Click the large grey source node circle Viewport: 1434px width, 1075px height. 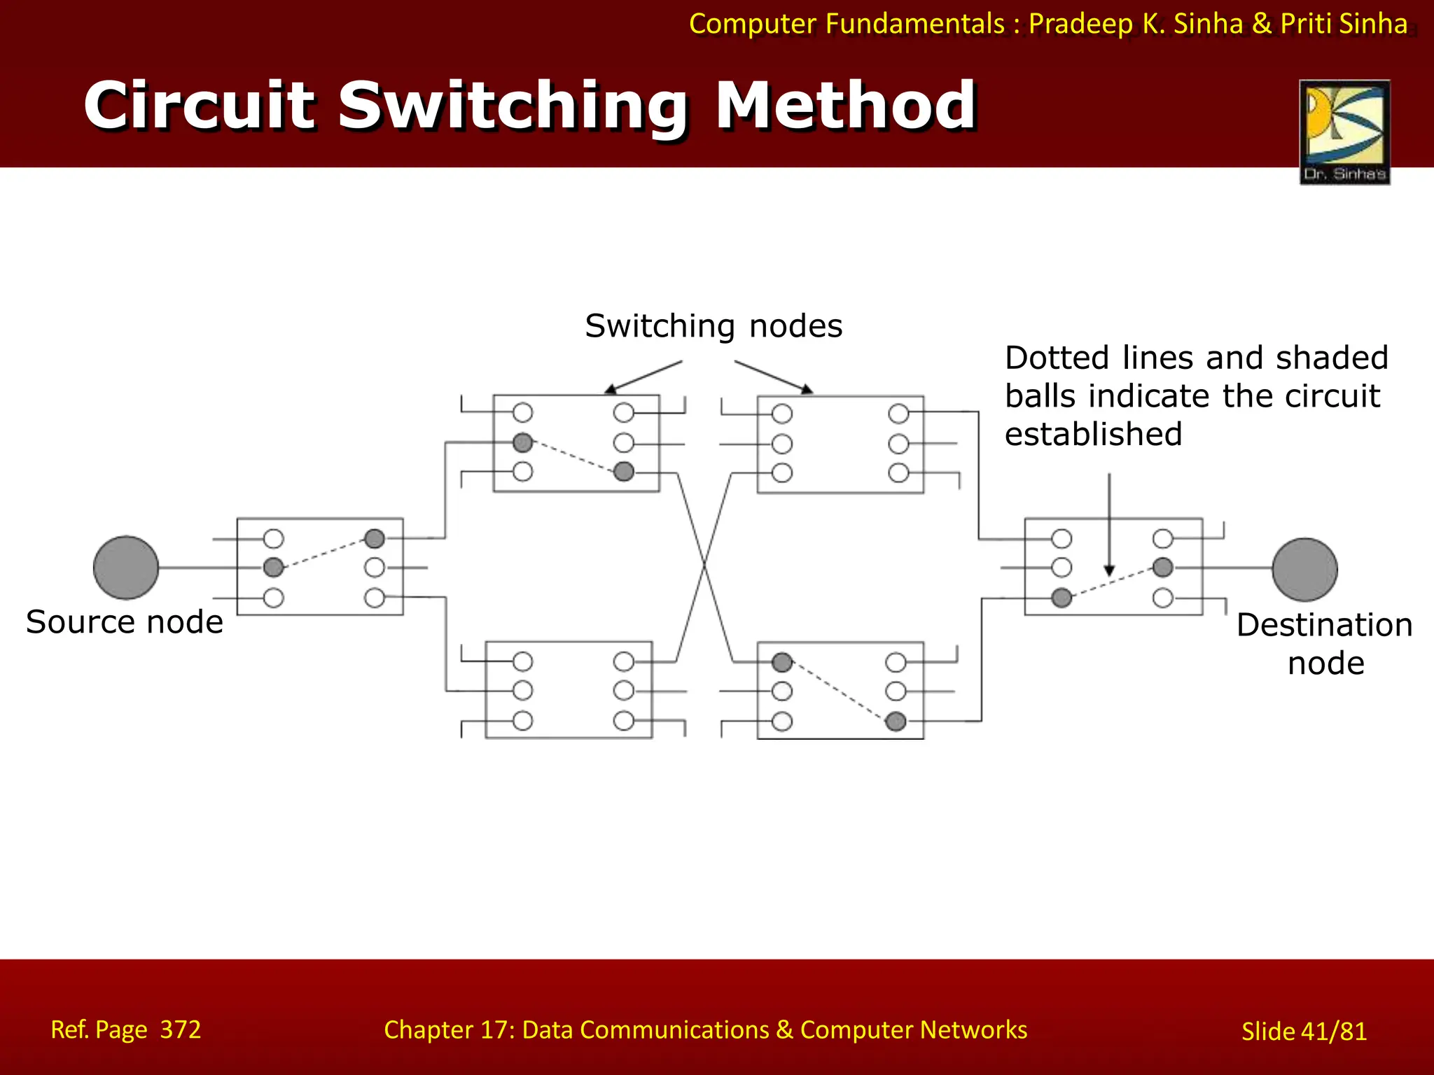126,568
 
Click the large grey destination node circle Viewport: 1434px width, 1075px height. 1304,569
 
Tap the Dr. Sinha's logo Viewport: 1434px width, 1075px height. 1344,132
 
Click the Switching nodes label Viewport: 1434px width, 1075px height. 713,326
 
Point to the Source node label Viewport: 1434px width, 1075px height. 125,621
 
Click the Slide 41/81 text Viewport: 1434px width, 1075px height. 1304,1031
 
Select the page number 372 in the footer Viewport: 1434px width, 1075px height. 181,1030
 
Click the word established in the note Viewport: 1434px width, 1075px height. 1093,434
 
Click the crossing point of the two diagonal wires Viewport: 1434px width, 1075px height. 704,565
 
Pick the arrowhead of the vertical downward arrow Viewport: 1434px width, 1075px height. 1109,571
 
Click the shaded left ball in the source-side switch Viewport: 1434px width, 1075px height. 274,567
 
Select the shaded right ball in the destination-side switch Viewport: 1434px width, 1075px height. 1163,567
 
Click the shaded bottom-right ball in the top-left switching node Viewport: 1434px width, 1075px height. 624,472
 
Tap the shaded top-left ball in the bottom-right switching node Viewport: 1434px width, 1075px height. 782,662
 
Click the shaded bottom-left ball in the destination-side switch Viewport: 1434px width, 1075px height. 1061,598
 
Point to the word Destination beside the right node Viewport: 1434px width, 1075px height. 1324,624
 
